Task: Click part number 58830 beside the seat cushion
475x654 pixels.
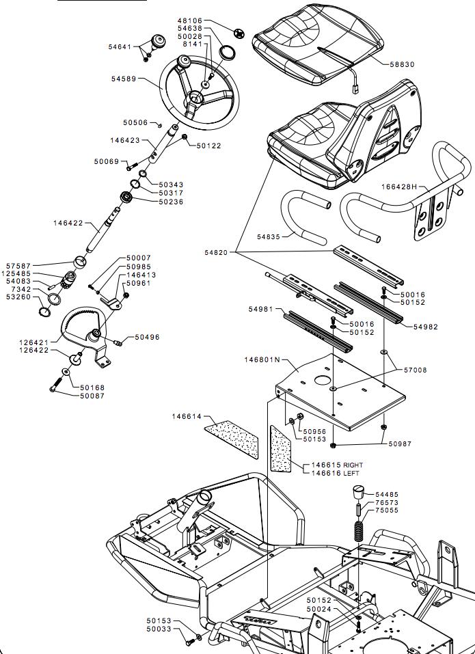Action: coord(403,64)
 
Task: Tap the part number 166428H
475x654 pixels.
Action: coord(399,187)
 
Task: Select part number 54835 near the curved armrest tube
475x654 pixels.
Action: coord(269,236)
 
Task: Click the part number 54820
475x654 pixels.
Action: coord(216,253)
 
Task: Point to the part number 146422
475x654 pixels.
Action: coord(68,223)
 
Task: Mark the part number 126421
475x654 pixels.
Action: coord(35,343)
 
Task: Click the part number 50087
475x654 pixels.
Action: coord(92,396)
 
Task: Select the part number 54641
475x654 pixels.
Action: coord(120,46)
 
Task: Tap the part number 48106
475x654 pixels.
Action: coord(190,21)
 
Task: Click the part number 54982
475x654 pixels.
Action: coord(426,327)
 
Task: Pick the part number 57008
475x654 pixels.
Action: coord(415,370)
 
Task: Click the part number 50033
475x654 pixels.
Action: coord(159,629)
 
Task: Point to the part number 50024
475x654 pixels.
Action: coord(318,609)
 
